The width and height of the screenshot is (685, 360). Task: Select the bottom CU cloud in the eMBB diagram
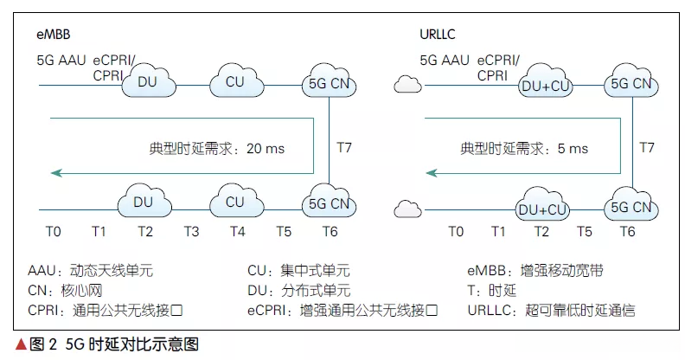pos(234,202)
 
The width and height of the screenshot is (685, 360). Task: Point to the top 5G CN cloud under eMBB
pos(327,84)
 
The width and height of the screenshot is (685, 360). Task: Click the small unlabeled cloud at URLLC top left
pos(406,84)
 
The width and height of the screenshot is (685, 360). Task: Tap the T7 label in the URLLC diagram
pos(647,147)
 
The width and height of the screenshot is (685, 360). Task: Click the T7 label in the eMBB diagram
pos(343,147)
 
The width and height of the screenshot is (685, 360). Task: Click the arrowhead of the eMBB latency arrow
pos(55,173)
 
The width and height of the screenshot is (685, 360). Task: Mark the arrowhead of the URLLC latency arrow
pos(432,173)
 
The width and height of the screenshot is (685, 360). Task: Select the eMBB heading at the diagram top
pos(53,34)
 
